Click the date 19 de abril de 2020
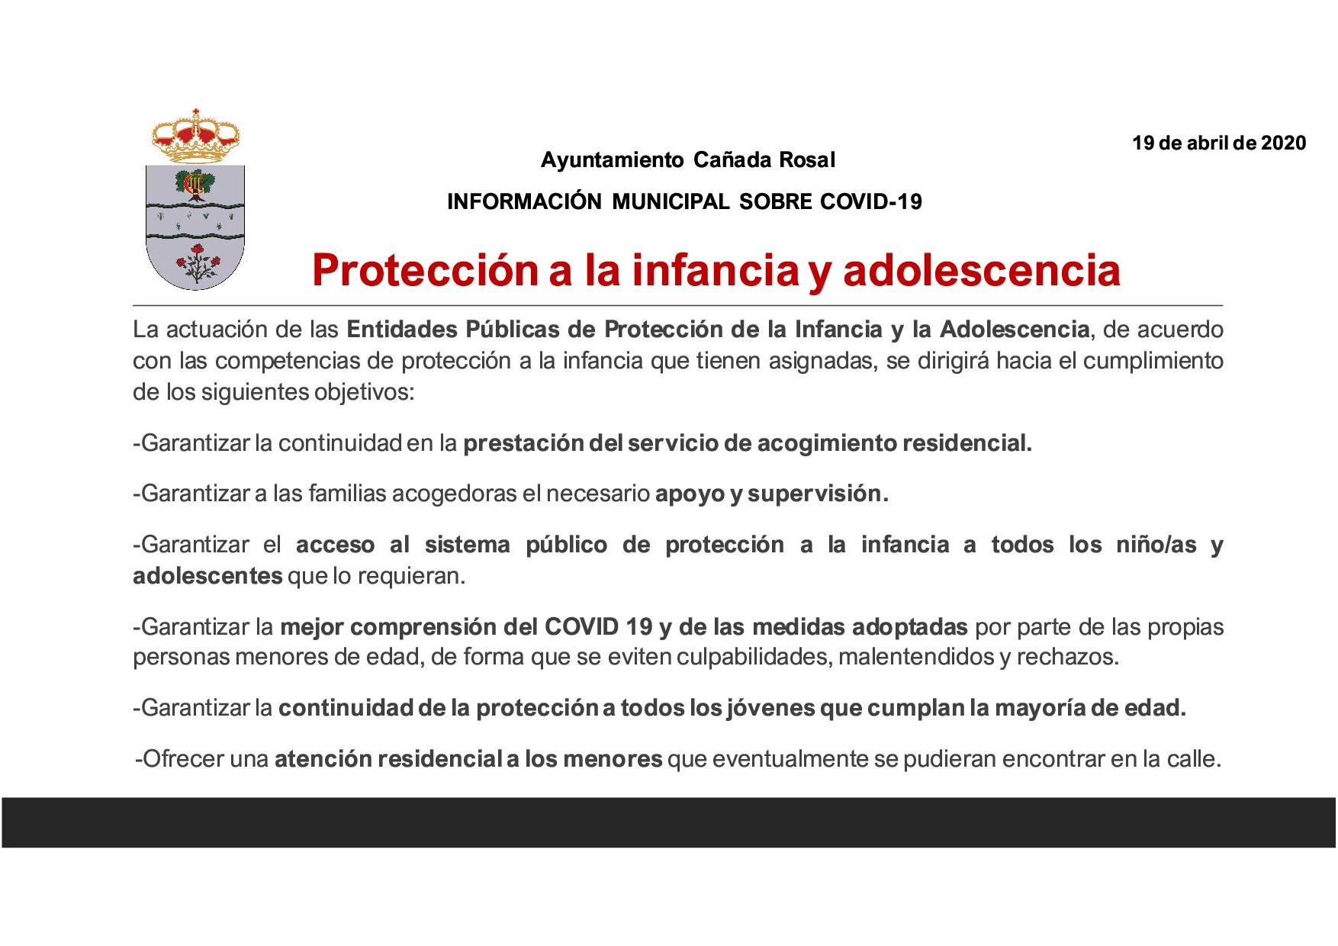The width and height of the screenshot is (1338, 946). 1219,143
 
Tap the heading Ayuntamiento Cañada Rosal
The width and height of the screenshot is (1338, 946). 688,160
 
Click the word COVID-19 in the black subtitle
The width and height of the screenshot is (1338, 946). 871,201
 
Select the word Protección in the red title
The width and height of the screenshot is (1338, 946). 425,270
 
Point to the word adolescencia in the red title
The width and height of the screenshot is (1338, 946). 982,270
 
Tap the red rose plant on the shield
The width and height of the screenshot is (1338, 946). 198,264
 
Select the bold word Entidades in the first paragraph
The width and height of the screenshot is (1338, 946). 402,330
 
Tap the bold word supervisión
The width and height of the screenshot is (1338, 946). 818,494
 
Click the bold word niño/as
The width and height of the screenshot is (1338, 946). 1156,545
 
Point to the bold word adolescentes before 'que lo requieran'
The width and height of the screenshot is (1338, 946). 207,576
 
